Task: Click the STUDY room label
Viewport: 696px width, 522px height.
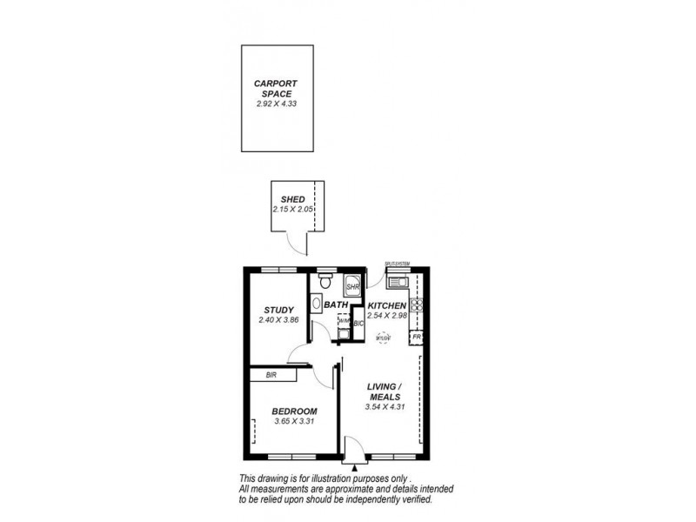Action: [278, 310]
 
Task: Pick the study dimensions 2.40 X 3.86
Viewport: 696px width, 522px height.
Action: [278, 320]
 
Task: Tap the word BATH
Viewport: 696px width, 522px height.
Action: [336, 306]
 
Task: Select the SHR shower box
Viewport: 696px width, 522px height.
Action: [352, 284]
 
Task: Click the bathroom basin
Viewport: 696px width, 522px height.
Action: [316, 304]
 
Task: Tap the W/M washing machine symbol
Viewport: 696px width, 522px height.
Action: [343, 321]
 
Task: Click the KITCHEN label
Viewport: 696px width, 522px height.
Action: [386, 306]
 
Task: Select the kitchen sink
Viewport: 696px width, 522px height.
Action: [399, 282]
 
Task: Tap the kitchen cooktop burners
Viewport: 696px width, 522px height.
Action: [417, 304]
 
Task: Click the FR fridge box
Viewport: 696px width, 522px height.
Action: [417, 337]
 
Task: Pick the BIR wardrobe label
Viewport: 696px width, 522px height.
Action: [258, 375]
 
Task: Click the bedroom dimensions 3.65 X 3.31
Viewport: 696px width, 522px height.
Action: [293, 422]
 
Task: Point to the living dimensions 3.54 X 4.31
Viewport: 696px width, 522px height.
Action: [384, 407]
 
